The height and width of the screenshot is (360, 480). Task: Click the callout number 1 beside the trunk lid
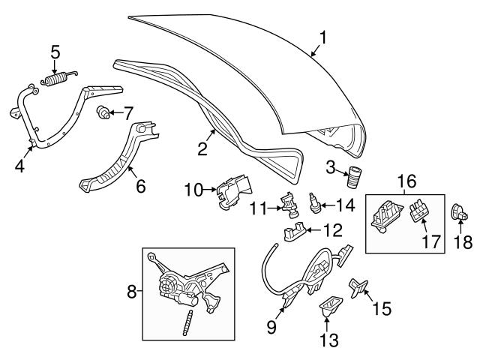pyautogui.click(x=323, y=36)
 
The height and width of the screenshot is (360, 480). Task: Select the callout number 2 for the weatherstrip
pyautogui.click(x=202, y=148)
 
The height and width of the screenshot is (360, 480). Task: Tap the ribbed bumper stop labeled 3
pyautogui.click(x=352, y=178)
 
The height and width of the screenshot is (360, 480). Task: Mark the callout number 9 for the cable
pyautogui.click(x=271, y=328)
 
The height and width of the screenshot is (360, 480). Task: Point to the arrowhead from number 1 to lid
pyautogui.click(x=312, y=55)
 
